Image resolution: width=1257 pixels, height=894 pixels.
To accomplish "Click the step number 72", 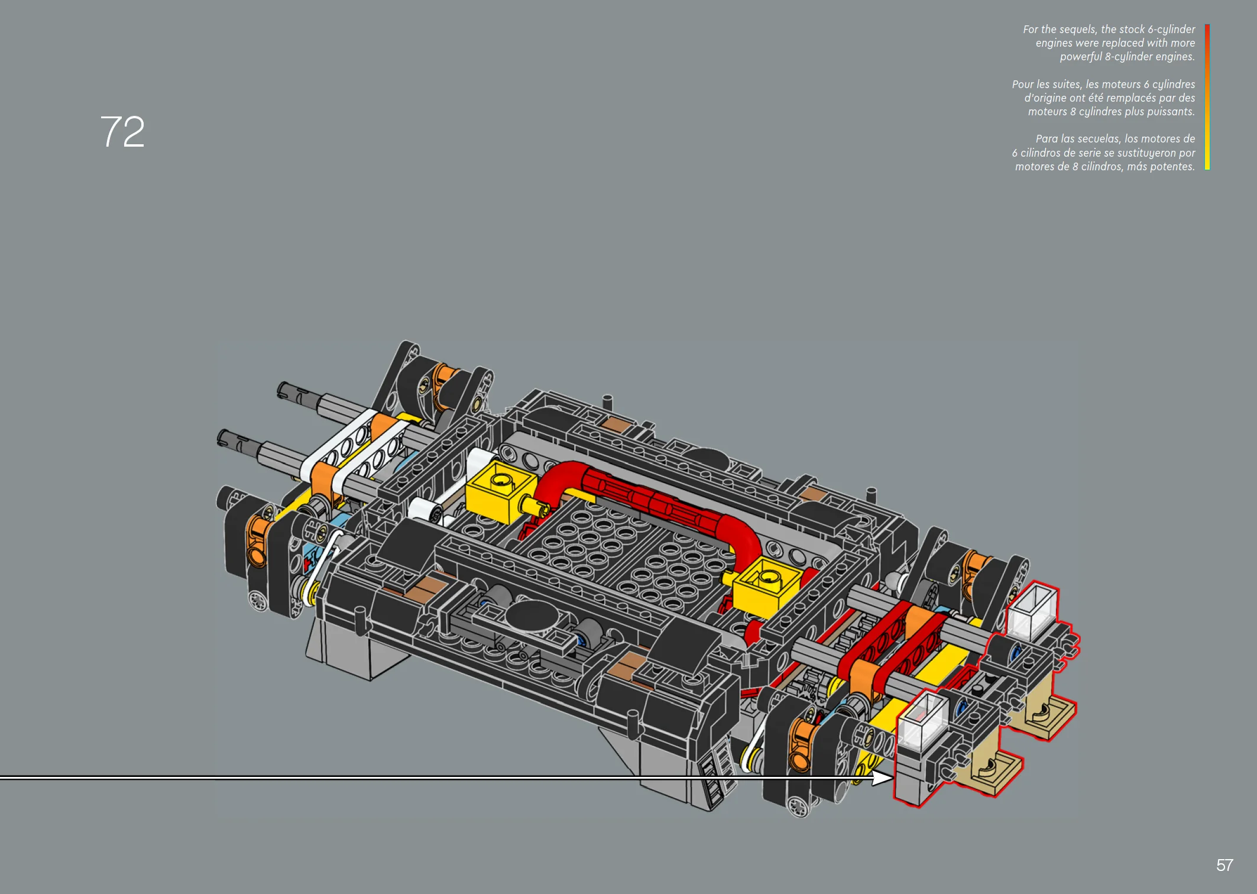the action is [122, 131].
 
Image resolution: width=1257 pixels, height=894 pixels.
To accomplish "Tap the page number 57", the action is [1224, 866].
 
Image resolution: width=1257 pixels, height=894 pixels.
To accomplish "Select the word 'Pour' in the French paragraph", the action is [1023, 85].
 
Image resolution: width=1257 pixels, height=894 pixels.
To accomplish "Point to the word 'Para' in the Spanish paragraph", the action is [1047, 139].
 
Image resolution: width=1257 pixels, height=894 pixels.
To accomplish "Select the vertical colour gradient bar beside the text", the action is [1207, 97].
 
